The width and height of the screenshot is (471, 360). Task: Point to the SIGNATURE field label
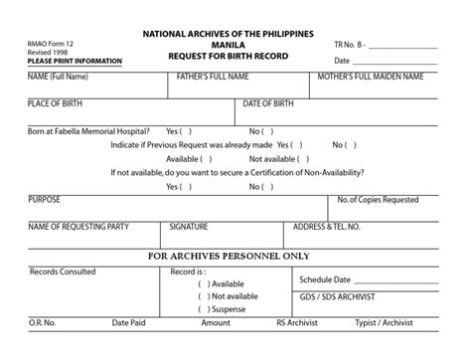point(189,226)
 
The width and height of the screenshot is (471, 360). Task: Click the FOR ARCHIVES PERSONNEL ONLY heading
point(235,255)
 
